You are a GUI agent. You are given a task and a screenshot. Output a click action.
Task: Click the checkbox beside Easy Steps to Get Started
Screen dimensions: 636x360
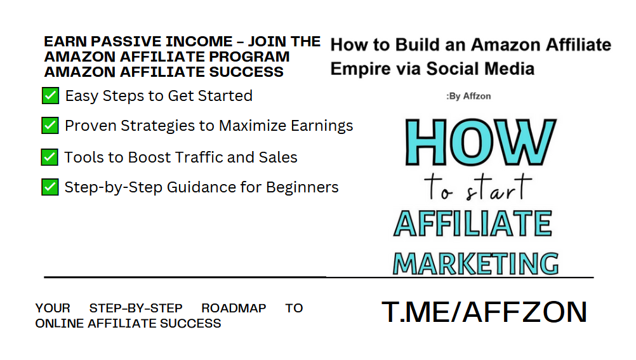50,96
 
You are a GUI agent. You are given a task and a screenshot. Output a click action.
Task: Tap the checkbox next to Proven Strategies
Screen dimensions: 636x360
50,126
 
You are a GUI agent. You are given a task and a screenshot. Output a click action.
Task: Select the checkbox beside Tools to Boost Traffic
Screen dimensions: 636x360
50,157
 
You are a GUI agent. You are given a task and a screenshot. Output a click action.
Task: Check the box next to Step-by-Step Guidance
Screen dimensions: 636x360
50,187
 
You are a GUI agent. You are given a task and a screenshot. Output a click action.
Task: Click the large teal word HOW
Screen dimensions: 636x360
480,142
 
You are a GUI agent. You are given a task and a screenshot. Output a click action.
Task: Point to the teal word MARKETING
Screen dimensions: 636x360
476,264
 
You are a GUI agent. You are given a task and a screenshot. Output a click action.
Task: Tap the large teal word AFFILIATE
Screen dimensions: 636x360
473,223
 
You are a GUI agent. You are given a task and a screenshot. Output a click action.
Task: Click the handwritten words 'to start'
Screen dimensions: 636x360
478,187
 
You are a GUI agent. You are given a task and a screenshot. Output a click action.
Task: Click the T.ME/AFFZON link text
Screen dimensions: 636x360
484,312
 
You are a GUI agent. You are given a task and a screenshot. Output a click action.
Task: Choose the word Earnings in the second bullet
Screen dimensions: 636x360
322,126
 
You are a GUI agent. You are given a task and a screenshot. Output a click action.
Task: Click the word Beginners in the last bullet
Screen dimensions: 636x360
302,187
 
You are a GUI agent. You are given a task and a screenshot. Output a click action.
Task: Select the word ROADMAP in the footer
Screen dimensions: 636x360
234,308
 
